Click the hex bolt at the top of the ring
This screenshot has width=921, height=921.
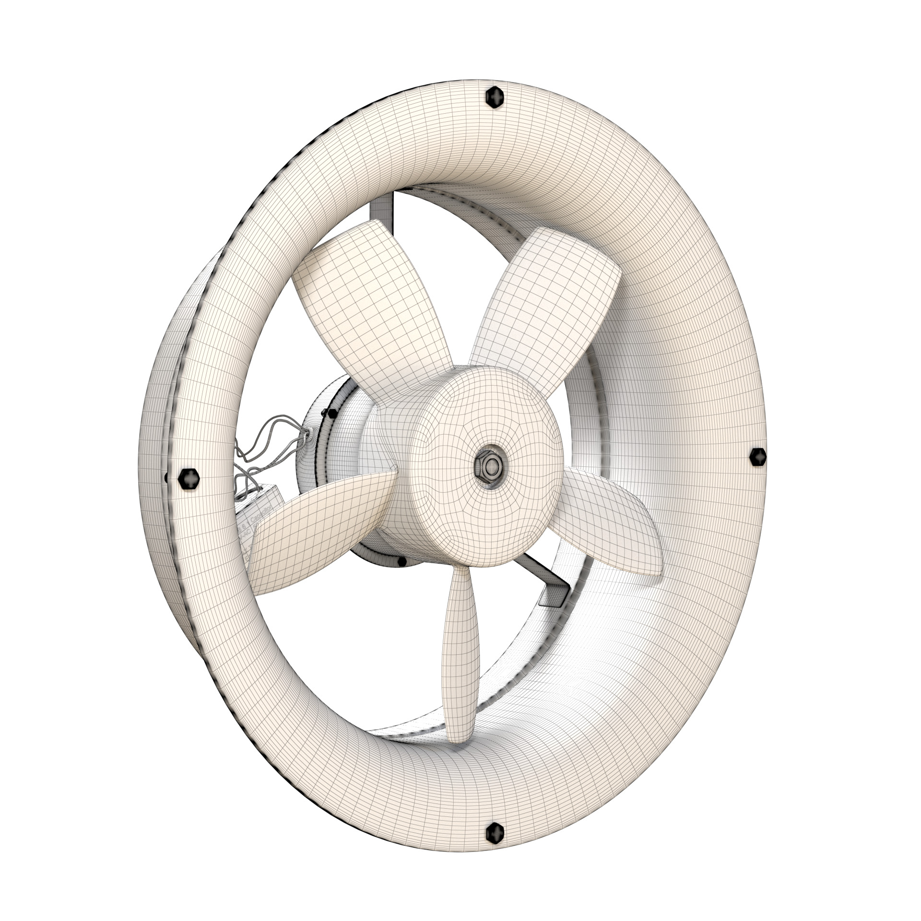click(495, 98)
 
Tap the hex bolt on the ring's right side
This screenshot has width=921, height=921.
click(758, 456)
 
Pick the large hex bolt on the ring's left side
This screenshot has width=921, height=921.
click(189, 479)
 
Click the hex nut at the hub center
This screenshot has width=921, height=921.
click(490, 464)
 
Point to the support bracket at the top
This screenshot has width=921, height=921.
click(384, 211)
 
